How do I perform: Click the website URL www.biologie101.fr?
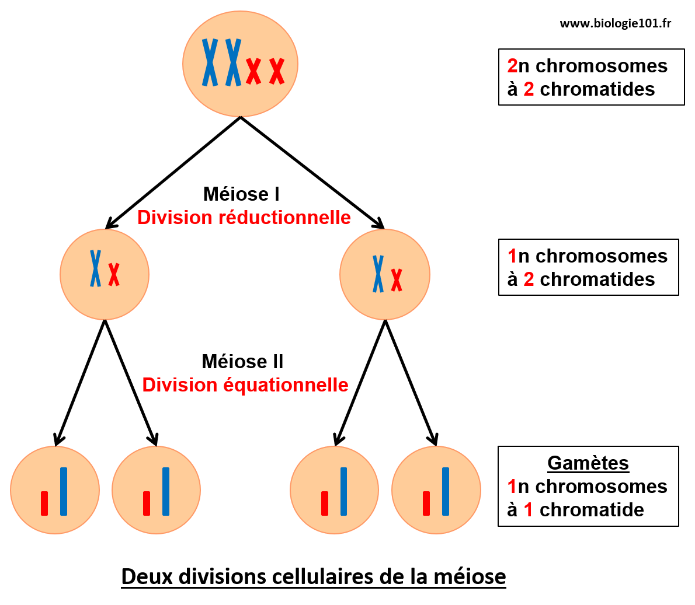(615, 23)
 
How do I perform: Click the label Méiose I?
(241, 194)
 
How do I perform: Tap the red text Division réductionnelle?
(244, 218)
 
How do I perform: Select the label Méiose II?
(242, 362)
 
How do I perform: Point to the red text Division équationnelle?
(245, 385)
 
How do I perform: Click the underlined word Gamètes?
(588, 463)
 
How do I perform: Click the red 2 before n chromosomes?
(512, 66)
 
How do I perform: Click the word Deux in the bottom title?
(147, 576)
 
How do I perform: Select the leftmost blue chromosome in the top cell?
(210, 62)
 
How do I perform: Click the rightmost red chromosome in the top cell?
(277, 71)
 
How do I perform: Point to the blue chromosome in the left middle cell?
(95, 268)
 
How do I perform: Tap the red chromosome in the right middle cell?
(397, 280)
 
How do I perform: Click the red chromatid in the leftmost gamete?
(44, 503)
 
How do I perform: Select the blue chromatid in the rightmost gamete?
(446, 491)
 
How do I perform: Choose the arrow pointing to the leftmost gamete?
(80, 383)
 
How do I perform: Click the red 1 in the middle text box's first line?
(512, 256)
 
